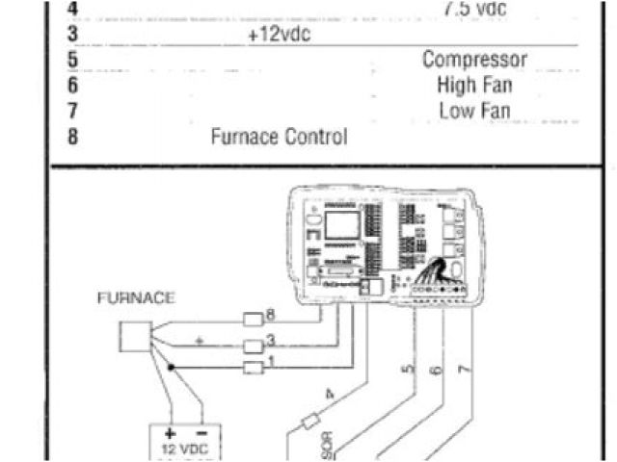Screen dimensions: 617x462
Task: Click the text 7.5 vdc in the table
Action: pos(474,9)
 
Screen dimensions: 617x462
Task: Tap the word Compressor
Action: pos(474,60)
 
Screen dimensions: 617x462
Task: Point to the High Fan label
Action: pos(474,85)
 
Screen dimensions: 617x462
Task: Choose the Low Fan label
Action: pos(474,111)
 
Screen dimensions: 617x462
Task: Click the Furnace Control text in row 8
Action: pos(279,137)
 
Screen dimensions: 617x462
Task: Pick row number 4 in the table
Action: pos(72,9)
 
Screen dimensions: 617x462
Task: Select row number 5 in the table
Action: pos(72,60)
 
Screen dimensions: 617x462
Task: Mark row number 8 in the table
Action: pos(72,137)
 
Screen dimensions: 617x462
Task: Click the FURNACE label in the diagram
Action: pos(136,298)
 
